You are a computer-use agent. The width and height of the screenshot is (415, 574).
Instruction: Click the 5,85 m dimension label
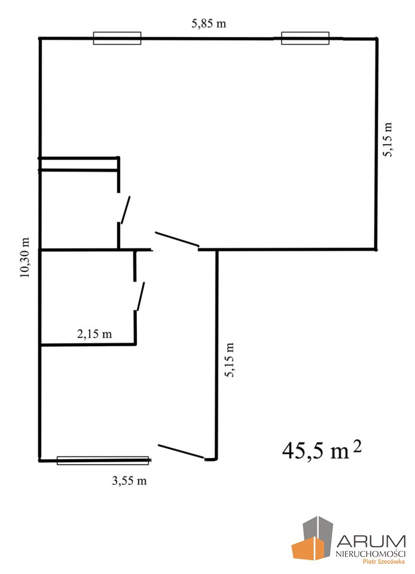click(209, 24)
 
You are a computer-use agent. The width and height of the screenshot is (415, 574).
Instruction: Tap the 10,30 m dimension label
click(25, 258)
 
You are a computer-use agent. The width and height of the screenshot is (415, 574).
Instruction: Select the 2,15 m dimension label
click(94, 334)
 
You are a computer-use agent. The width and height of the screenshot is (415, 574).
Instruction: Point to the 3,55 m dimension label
click(129, 480)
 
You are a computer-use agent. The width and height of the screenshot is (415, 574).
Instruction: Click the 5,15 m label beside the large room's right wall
click(387, 139)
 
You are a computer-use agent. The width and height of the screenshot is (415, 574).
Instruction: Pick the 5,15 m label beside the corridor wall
click(229, 360)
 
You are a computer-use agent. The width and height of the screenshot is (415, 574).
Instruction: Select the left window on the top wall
click(117, 38)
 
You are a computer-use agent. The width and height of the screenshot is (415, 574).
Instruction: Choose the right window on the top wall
click(305, 38)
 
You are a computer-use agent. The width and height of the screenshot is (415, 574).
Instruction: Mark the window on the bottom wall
click(103, 460)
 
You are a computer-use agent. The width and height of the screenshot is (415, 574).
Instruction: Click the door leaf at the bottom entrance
click(181, 451)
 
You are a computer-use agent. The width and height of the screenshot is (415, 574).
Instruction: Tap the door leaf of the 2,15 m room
click(141, 296)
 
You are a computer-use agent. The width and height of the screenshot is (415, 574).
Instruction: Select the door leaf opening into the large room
click(177, 239)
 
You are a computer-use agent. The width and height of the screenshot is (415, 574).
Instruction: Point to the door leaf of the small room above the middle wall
click(126, 210)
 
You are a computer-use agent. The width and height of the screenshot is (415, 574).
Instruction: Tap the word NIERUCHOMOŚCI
click(371, 553)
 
